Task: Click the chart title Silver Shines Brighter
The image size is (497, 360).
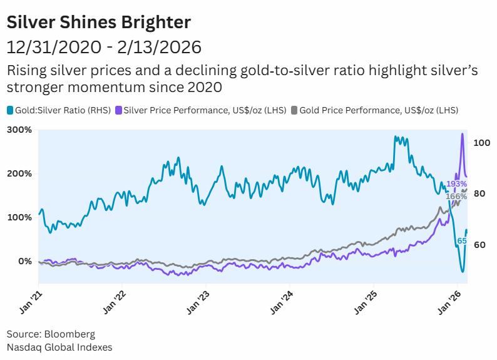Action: pyautogui.click(x=98, y=23)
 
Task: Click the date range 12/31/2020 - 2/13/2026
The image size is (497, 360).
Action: pyautogui.click(x=104, y=47)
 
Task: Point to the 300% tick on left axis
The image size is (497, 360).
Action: pyautogui.click(x=19, y=130)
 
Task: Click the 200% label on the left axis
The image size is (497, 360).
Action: pyautogui.click(x=19, y=173)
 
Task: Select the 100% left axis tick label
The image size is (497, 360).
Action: pyautogui.click(x=19, y=217)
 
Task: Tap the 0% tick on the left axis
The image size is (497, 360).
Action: pyautogui.click(x=23, y=261)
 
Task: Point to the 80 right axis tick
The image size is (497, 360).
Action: pyautogui.click(x=479, y=194)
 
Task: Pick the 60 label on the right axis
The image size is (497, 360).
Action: pyautogui.click(x=479, y=245)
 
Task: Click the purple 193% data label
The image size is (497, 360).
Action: pyautogui.click(x=456, y=184)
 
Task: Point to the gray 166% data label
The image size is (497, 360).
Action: pyautogui.click(x=456, y=197)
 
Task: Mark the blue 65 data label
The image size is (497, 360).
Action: pyautogui.click(x=462, y=241)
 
